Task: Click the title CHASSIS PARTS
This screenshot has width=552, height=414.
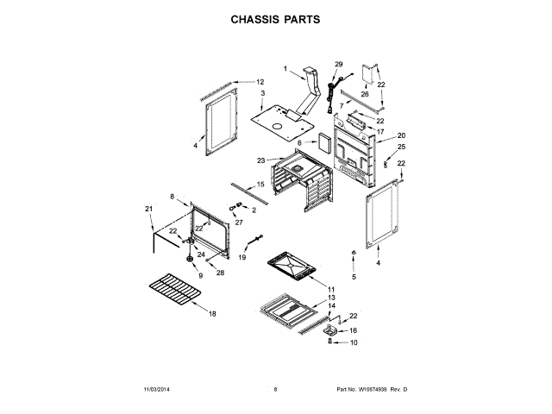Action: [x=275, y=17]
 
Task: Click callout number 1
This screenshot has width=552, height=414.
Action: [x=285, y=68]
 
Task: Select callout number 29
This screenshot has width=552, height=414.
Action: [x=338, y=65]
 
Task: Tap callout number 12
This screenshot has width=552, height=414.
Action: [x=260, y=82]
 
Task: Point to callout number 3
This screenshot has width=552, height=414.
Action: [x=262, y=92]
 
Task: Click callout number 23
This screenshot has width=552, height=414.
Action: [x=260, y=160]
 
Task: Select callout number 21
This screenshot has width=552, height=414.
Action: [x=147, y=209]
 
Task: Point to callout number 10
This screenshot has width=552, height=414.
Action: [x=353, y=342]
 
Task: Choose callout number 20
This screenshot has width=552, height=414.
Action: [x=401, y=135]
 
